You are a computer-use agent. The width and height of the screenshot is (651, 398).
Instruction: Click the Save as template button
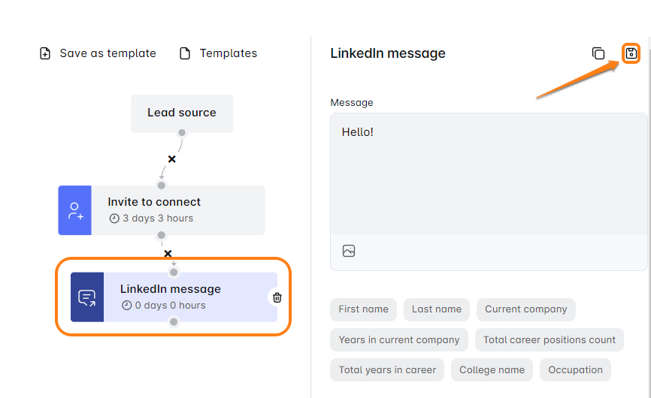(98, 53)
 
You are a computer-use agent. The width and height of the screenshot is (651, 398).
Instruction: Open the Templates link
(219, 53)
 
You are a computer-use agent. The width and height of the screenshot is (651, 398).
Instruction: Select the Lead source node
(182, 113)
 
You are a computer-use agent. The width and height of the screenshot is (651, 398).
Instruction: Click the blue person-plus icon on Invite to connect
(74, 210)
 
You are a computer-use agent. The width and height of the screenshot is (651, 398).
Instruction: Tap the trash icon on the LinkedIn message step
(277, 297)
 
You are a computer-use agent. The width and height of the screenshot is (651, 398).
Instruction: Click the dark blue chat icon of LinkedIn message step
(87, 297)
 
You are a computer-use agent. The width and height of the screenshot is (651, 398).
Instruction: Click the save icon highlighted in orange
(631, 53)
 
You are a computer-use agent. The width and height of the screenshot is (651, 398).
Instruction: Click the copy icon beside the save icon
(598, 53)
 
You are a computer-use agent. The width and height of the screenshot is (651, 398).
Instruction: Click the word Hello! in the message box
(358, 132)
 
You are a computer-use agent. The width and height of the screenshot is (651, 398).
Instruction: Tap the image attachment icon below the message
(349, 251)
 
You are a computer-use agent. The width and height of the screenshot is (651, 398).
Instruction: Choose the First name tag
(363, 309)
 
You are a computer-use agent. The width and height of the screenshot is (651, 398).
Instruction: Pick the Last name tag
(436, 309)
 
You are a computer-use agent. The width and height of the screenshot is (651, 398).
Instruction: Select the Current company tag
(525, 309)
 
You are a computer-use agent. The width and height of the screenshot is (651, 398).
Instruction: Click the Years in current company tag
(399, 340)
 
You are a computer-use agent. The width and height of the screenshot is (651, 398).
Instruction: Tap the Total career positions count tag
(550, 340)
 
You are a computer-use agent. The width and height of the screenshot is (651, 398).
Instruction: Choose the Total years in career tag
(387, 369)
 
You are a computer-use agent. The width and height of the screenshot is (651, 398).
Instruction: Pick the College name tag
(492, 369)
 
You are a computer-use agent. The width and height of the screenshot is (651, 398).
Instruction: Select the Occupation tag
(575, 369)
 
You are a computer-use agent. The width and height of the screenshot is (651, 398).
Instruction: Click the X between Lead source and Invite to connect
(171, 159)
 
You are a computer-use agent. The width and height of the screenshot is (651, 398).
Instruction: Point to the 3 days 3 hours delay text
(158, 219)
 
